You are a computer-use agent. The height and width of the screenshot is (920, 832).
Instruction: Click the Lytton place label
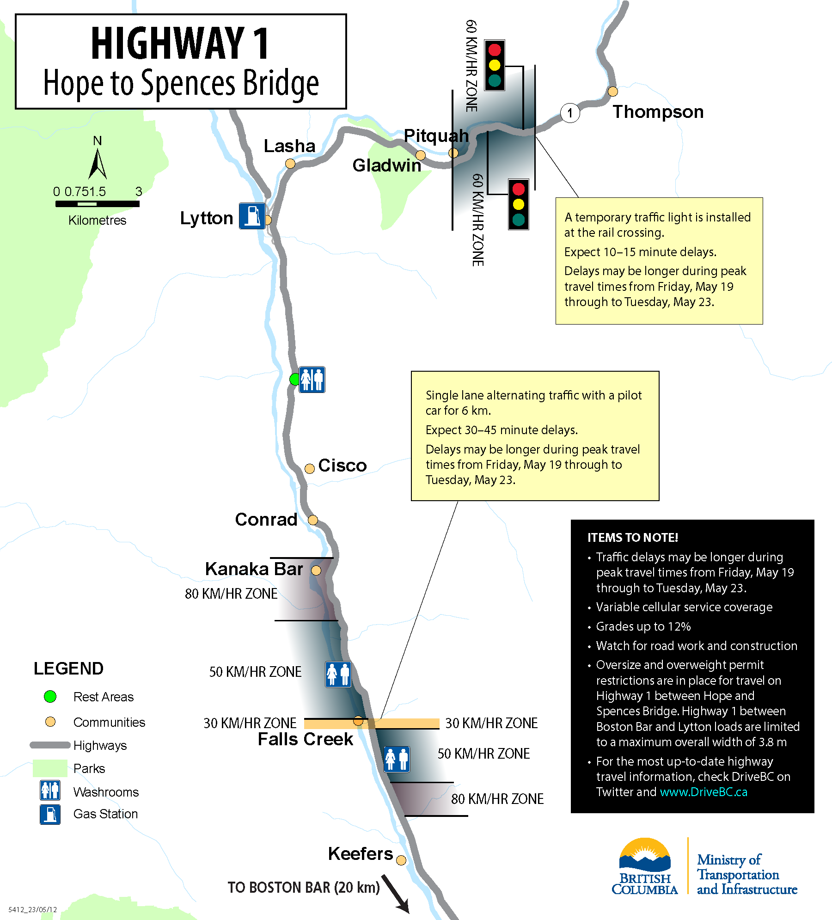(x=206, y=218)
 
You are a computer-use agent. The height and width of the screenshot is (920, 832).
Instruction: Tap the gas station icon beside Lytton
(x=252, y=216)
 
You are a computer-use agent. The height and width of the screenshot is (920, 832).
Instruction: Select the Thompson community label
(x=658, y=112)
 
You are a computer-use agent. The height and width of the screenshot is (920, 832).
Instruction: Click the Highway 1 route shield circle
(x=570, y=113)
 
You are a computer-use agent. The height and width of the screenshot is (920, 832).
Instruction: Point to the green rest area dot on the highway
(x=294, y=380)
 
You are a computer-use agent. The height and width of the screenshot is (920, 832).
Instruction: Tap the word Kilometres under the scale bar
(x=97, y=220)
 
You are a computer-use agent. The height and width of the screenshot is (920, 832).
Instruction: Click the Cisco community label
(x=342, y=466)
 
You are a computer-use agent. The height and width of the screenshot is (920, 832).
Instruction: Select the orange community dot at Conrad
(x=313, y=520)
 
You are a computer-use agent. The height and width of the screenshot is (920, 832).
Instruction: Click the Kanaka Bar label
(x=254, y=569)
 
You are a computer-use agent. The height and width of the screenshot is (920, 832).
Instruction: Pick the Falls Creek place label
(x=305, y=739)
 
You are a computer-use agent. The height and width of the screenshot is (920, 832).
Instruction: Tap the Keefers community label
(x=360, y=854)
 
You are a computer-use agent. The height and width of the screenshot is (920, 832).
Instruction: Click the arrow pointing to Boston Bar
(x=395, y=894)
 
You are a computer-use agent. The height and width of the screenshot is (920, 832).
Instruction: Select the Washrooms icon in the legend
(x=50, y=791)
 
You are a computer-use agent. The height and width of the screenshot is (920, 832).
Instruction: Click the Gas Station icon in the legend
(x=50, y=815)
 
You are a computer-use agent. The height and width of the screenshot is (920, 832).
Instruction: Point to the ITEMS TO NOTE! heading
(x=632, y=538)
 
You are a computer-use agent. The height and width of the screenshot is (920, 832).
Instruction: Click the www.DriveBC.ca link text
(x=703, y=792)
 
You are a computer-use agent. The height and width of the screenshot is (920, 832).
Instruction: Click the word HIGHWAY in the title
(x=167, y=43)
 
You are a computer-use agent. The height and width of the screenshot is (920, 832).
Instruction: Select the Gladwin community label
(x=386, y=166)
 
